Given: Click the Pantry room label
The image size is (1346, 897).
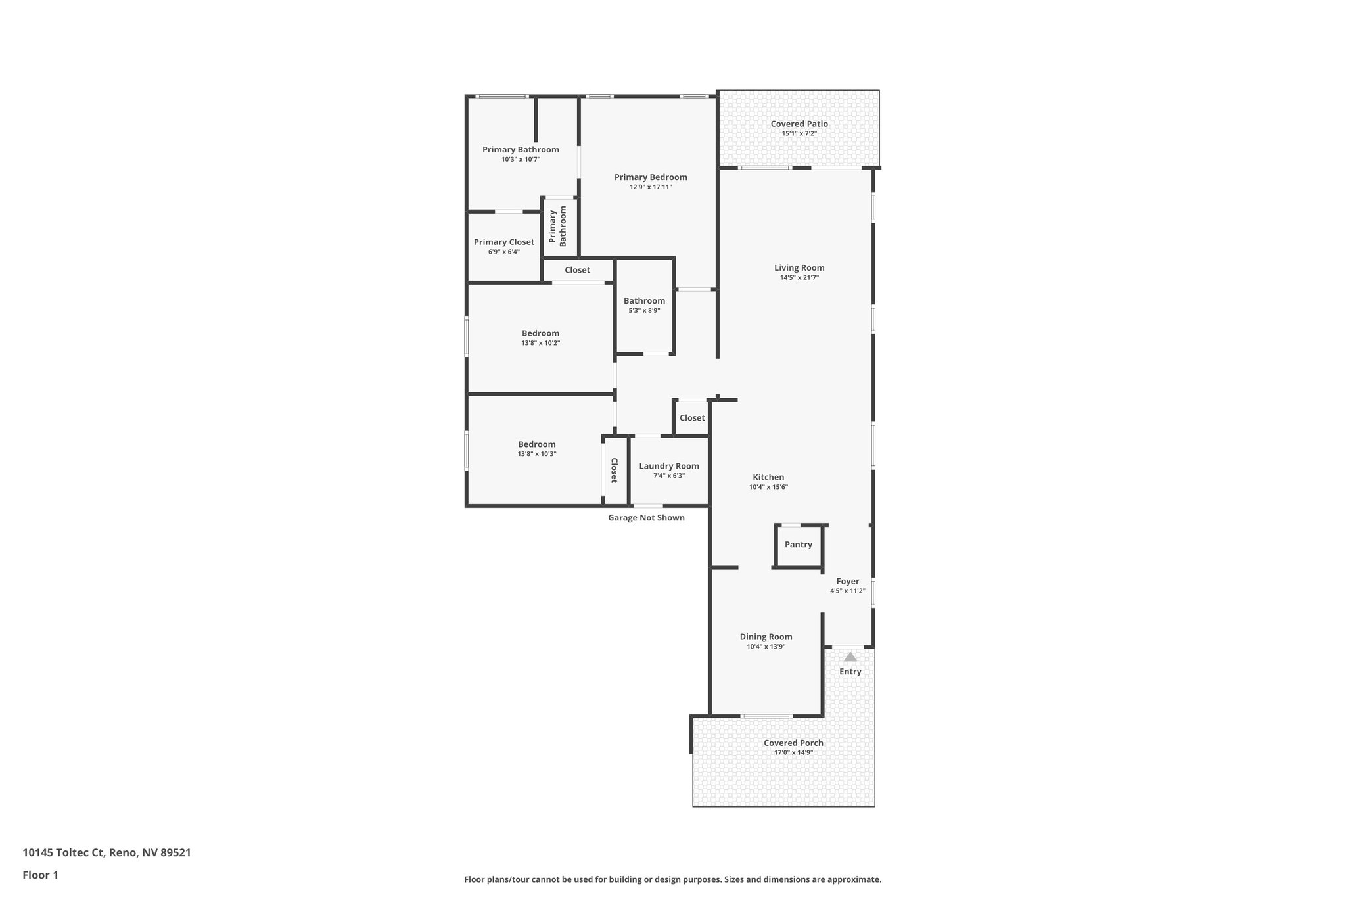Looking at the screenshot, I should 798,545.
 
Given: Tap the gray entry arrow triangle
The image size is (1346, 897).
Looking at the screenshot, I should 850,656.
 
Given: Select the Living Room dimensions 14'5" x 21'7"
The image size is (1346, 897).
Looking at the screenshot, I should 799,278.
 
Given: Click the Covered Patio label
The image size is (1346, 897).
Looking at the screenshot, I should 799,124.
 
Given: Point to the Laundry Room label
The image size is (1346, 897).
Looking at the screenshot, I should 669,466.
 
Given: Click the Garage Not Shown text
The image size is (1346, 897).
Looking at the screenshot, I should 646,518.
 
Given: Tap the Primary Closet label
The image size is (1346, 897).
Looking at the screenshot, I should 504,242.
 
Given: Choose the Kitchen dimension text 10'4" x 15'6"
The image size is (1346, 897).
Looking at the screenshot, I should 768,488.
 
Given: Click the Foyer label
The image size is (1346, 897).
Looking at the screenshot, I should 847,581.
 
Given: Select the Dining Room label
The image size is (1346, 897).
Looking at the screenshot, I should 766,637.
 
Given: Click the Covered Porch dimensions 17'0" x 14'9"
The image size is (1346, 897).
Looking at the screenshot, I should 793,753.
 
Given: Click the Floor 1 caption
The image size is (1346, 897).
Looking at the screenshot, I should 40,875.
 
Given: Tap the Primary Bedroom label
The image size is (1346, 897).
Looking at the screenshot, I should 651,177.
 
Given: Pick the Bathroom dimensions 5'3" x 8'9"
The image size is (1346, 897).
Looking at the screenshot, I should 644,311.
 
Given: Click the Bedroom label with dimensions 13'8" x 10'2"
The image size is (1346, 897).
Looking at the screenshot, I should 540,333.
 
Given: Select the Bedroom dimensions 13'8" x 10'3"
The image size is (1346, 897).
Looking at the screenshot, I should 537,454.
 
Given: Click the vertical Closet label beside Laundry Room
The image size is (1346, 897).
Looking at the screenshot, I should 614,471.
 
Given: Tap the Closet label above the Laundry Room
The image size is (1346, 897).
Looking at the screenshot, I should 692,418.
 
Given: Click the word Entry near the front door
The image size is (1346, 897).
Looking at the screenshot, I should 850,672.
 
